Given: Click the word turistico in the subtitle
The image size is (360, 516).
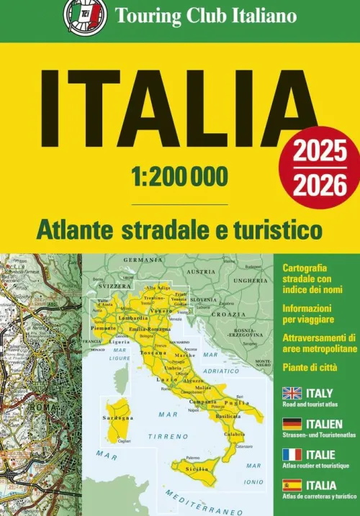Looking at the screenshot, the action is click(x=279, y=231).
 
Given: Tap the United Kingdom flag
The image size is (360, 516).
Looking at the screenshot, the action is click(x=291, y=394).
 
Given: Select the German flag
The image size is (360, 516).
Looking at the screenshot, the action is click(x=291, y=423).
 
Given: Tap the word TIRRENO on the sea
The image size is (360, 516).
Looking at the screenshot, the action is click(x=157, y=436).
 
